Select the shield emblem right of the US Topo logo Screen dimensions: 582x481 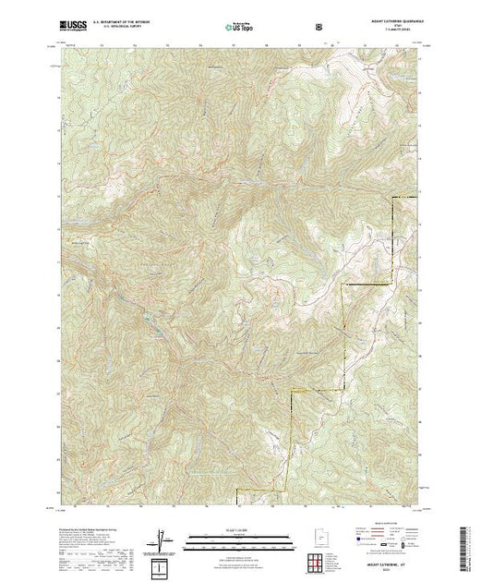click(x=319, y=26)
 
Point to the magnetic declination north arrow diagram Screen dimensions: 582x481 click(x=163, y=537)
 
